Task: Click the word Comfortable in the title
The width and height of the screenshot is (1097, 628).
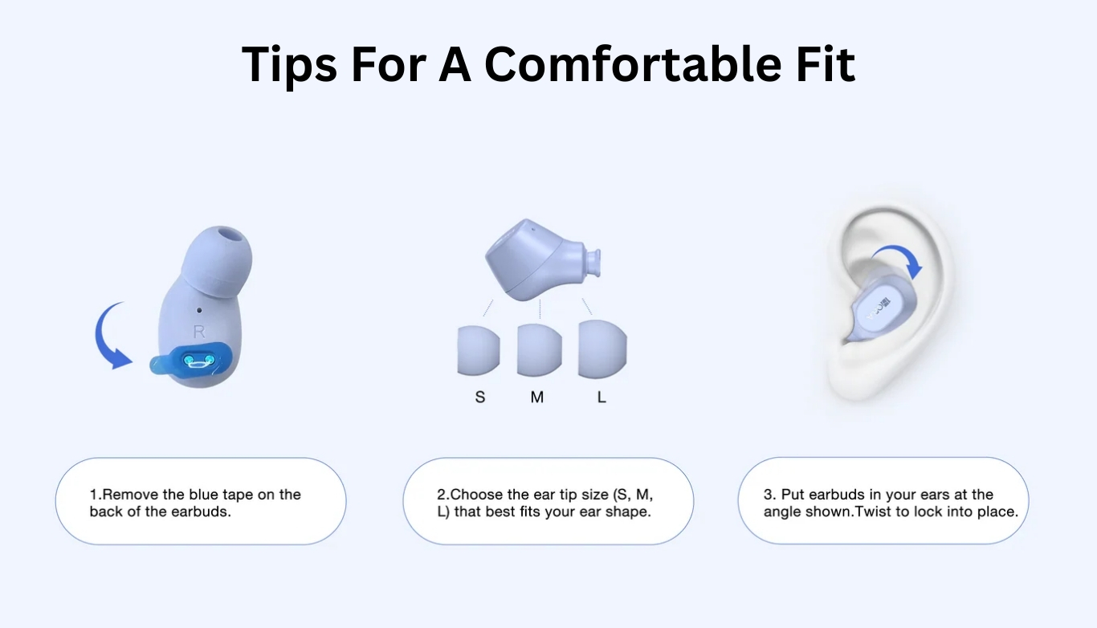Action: [633, 64]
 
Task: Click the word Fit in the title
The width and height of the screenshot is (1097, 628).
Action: [826, 63]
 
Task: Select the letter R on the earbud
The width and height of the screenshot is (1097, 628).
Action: [199, 332]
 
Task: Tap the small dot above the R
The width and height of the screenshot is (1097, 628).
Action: [199, 310]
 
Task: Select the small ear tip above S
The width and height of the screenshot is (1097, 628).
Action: [479, 350]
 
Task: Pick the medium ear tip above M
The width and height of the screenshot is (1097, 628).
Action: [539, 350]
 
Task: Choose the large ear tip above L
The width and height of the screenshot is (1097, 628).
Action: [602, 349]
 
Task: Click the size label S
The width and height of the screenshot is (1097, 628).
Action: [480, 397]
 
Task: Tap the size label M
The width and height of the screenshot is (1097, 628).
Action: [537, 397]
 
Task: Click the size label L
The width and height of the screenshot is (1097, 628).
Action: [602, 397]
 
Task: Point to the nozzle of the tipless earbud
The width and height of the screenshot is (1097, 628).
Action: [592, 263]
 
